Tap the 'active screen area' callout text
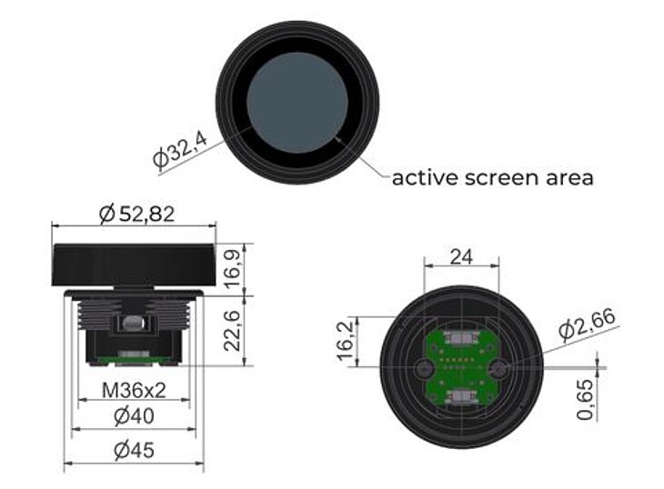pos(492,177)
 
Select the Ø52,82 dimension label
pos(136,215)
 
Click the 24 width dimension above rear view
pos(461,257)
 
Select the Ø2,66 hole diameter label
pos(588,324)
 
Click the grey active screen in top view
pos(297,102)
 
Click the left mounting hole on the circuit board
pos(424,368)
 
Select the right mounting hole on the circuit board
pos(498,368)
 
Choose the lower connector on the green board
pos(461,397)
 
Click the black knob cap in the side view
pos(135,264)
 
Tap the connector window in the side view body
pos(132,324)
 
